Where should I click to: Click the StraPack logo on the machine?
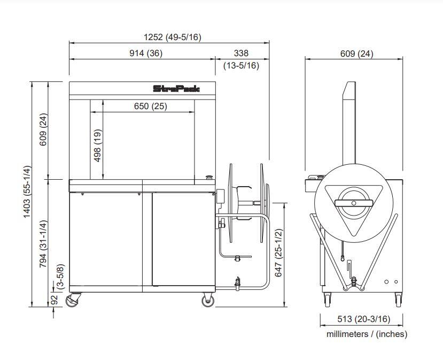click(176, 89)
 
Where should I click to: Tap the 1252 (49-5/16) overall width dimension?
click(173, 37)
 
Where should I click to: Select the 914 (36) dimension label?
click(146, 53)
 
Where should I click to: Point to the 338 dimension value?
click(241, 53)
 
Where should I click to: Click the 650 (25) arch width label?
click(150, 106)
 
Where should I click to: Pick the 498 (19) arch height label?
click(97, 145)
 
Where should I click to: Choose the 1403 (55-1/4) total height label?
click(27, 192)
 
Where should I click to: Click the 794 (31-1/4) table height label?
click(43, 244)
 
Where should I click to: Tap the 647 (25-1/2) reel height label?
click(278, 253)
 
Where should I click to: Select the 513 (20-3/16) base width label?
click(363, 319)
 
